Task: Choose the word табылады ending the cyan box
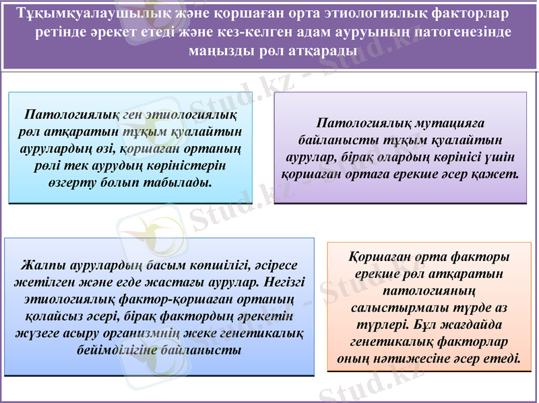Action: pos(174,182)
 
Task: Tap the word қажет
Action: pos(498,174)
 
